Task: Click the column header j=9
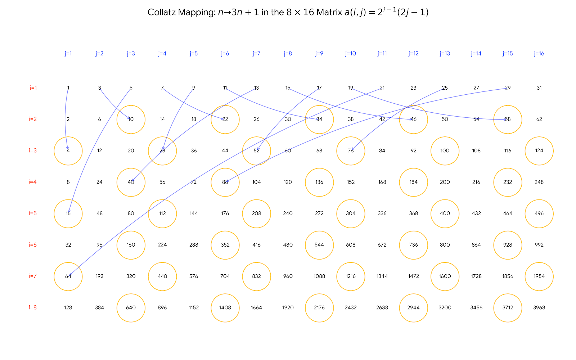319,54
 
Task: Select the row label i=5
33,213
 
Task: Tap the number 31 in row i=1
539,88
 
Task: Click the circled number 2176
319,307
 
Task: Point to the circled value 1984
539,276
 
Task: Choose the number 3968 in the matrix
539,307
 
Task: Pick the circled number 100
445,150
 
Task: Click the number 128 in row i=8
68,307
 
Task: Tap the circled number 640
131,307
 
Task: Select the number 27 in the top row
476,88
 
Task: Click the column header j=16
539,54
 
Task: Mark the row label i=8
33,307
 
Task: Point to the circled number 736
413,245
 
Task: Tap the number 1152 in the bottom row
194,307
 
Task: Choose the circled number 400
445,213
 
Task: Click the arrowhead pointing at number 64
69,275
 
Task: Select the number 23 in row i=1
413,88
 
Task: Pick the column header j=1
68,54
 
